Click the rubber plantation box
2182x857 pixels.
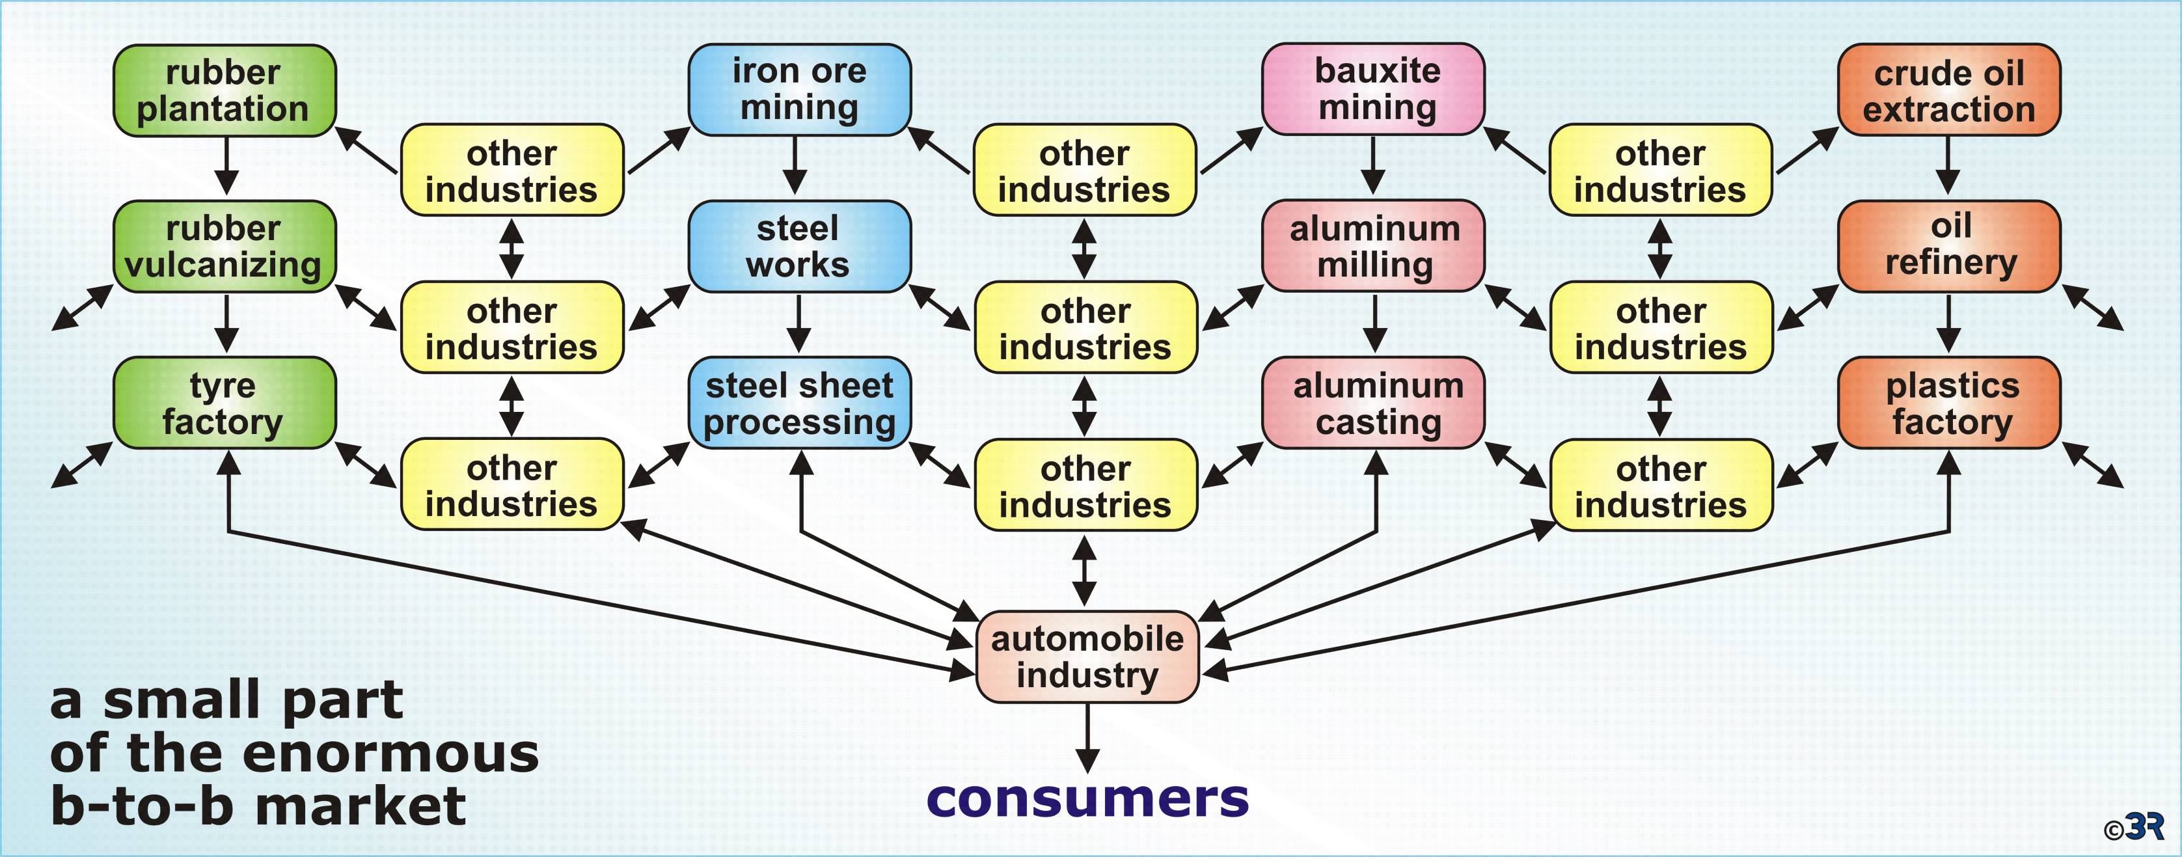[225, 90]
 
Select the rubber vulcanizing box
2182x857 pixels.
[225, 247]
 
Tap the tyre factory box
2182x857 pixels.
[225, 403]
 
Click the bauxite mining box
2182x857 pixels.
[1373, 89]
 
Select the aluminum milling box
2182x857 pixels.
[1373, 247]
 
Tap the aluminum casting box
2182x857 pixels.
[1373, 403]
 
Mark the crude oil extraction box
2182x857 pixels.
[1948, 90]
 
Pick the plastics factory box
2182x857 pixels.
[1948, 403]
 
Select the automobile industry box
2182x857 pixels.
[1087, 657]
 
